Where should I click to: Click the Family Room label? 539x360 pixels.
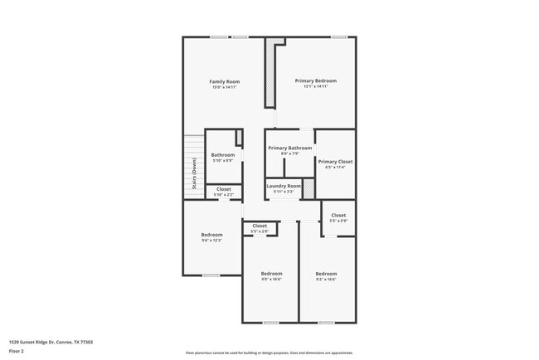[225, 81]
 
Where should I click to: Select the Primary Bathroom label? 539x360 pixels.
[290, 148]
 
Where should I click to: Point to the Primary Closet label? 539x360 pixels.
[335, 162]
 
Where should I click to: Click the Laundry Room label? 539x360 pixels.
[284, 186]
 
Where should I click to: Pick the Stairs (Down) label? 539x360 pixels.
[194, 173]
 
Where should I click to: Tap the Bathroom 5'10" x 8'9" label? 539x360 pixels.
[223, 155]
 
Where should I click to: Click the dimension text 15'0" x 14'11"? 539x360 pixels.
[225, 87]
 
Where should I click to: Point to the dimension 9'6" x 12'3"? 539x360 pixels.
[211, 241]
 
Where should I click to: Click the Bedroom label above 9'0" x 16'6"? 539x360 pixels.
[271, 273]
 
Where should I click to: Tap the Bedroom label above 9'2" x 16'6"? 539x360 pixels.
[326, 273]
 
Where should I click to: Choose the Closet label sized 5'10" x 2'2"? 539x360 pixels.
[224, 189]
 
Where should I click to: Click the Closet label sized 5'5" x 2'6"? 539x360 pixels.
[260, 226]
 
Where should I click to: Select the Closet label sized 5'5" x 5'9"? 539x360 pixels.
[338, 215]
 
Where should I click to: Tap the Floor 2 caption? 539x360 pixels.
[17, 351]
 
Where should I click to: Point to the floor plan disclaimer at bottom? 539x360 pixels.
[269, 353]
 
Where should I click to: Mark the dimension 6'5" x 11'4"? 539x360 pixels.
[335, 168]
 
